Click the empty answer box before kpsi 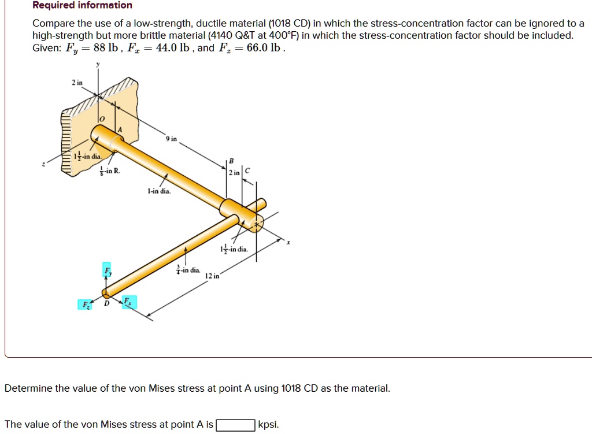[236, 425]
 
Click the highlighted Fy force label [107, 270]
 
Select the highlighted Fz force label [85, 305]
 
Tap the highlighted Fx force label [129, 302]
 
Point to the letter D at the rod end [106, 303]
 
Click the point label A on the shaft [120, 130]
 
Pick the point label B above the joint [231, 161]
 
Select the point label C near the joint [247, 170]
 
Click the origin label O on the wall [102, 119]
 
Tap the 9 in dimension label [171, 139]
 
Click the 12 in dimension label [212, 276]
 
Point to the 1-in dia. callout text [159, 191]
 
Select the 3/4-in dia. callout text [188, 270]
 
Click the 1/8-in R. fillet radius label [109, 171]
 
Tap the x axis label [288, 242]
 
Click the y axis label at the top [98, 65]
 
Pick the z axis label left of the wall [43, 164]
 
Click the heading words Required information [82, 5]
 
